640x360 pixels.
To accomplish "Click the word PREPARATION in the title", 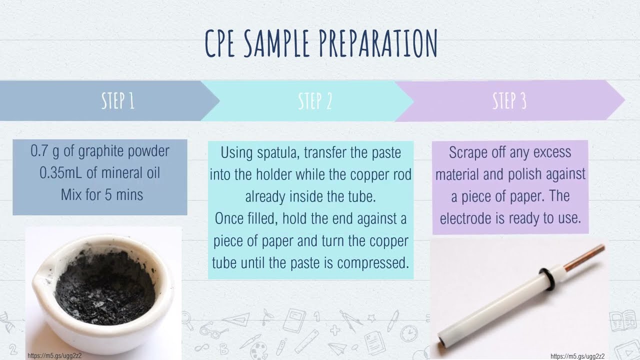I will [377, 43].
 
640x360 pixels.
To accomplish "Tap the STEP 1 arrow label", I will [117, 101].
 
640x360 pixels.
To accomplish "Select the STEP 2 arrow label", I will [315, 101].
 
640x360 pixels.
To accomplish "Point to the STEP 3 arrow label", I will [509, 101].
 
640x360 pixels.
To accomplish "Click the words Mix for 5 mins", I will [102, 194].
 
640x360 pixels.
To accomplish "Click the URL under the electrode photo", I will [577, 356].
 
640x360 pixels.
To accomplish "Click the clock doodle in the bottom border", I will [409, 332].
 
